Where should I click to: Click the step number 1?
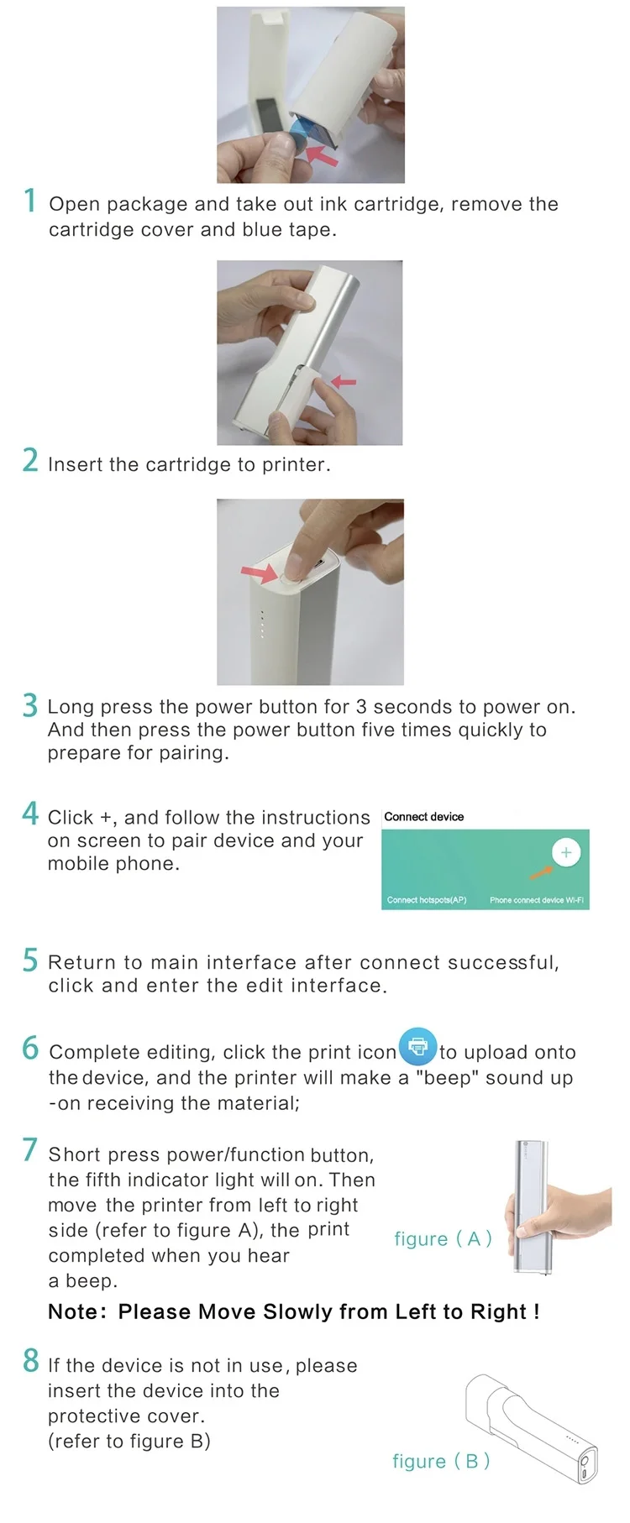(30, 201)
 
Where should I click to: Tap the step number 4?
(30, 814)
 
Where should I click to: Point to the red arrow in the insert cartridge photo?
(344, 382)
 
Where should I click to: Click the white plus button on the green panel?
(566, 853)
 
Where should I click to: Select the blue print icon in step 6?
(417, 1047)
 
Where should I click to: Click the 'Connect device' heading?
(424, 816)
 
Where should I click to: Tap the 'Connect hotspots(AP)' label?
(427, 900)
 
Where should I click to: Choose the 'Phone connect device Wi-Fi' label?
(537, 900)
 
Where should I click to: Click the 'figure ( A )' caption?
(443, 1239)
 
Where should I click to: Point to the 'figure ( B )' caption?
(441, 1462)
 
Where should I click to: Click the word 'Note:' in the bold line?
(77, 1312)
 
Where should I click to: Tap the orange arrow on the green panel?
(534, 868)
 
